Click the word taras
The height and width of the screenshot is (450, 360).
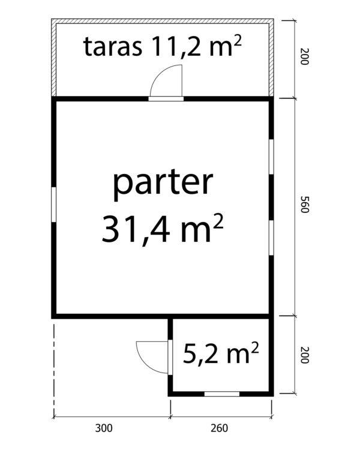point(113,46)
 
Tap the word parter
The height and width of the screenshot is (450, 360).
point(163,184)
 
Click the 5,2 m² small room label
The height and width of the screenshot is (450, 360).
point(221,352)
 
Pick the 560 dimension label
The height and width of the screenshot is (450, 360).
point(304,205)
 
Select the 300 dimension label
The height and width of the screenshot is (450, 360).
point(104,428)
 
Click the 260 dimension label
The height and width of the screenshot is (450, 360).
point(220,428)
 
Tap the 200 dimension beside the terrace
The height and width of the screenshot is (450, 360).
point(304,56)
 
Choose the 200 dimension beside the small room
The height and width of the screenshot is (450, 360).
point(304,355)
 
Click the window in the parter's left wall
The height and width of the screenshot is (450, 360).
point(53,205)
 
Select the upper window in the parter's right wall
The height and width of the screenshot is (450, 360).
point(271,157)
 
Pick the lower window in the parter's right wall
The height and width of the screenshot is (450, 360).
point(271,238)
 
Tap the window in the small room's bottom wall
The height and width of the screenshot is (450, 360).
point(221,394)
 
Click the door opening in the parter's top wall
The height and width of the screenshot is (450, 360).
point(166,99)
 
